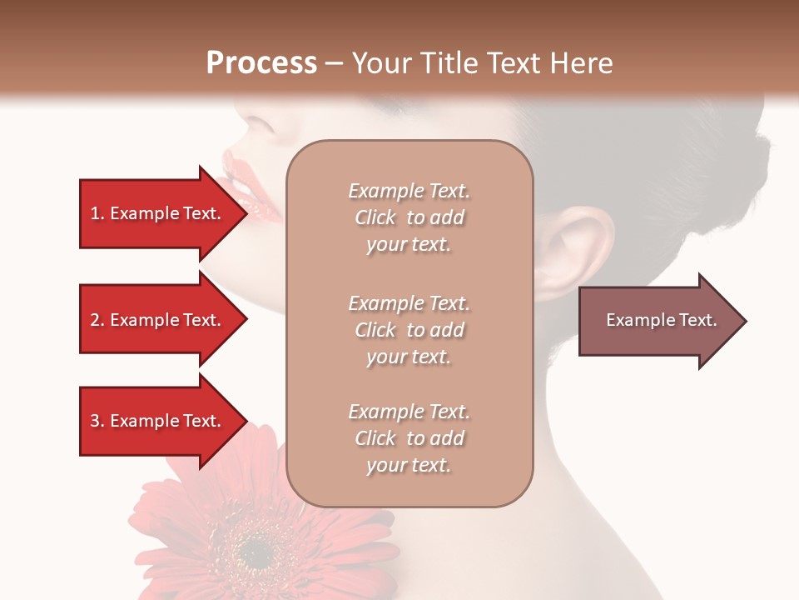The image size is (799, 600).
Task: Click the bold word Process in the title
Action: [x=261, y=63]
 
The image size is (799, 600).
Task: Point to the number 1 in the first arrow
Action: [x=95, y=213]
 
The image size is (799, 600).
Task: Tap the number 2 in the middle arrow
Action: [x=95, y=320]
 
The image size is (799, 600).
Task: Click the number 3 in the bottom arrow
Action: [x=95, y=421]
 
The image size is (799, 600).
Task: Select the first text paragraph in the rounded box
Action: [x=409, y=217]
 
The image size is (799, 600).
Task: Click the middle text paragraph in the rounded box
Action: [x=409, y=330]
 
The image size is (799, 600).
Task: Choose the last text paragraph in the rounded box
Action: [x=409, y=438]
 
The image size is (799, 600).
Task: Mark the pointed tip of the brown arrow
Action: [x=745, y=321]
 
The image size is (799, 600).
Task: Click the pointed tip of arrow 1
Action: [x=246, y=214]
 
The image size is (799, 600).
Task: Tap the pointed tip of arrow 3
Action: [x=246, y=421]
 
